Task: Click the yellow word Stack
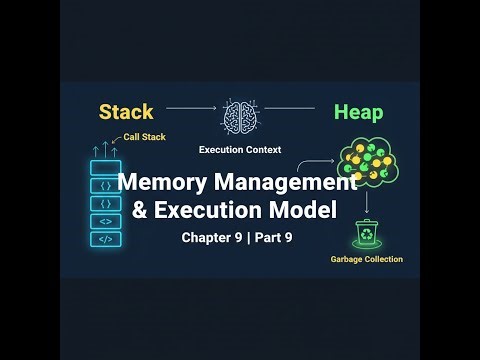pos(125,111)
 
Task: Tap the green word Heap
pos(358,111)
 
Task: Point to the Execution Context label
pos(240,150)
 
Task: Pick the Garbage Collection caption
pos(366,259)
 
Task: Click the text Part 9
pos(272,238)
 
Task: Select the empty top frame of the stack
pos(105,167)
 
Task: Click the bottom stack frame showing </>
pos(105,239)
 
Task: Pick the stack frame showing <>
pos(105,221)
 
